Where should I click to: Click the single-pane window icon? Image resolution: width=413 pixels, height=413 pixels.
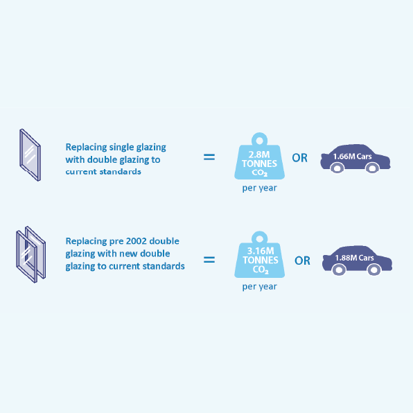pos(30,155)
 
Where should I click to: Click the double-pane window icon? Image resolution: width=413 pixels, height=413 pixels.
pos(30,254)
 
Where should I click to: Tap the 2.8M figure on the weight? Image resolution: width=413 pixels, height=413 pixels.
pos(259,155)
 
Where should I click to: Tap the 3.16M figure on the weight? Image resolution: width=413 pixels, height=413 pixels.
pos(261,251)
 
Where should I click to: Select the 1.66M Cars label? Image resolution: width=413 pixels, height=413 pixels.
pos(352,157)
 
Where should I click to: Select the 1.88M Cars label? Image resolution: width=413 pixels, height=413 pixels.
pos(354,258)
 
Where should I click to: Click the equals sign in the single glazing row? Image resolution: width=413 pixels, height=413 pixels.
pos(209,157)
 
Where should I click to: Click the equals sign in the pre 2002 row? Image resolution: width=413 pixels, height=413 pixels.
pos(209,260)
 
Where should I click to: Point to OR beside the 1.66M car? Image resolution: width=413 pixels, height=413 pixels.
pos(300,158)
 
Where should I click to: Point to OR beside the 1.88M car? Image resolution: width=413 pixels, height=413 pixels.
pos(302,261)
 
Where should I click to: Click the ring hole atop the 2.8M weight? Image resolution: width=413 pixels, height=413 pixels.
pos(259,141)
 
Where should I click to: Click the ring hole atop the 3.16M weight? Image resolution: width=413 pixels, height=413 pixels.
pos(259,239)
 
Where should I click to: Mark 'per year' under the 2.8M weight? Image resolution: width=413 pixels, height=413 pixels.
pos(259,188)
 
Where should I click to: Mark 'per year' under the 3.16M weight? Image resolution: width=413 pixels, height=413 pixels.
pos(259,287)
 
